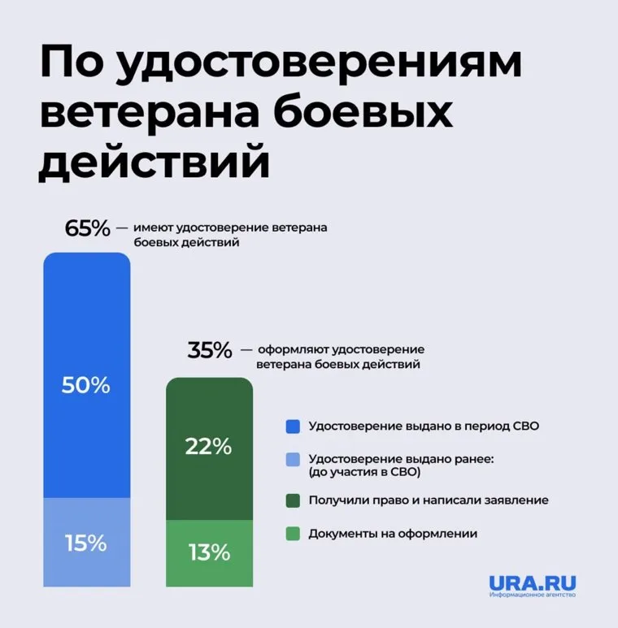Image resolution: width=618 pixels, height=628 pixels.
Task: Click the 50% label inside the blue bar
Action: pos(86,385)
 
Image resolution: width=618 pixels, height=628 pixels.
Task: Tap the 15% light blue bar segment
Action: pos(86,542)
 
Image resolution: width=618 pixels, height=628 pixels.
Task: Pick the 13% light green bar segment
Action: pos(210,553)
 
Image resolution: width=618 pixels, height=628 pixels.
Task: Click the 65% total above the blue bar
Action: pos(87,228)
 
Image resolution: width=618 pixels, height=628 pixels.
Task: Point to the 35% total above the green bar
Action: pos(210,351)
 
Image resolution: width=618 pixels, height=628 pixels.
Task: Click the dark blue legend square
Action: pos(294,426)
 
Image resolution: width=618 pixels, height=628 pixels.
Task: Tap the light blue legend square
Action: pos(294,460)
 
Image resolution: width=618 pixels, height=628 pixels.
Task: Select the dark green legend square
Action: pos(294,500)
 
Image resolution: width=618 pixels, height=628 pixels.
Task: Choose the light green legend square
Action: pos(294,534)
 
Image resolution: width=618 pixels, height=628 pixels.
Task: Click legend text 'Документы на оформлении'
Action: pos(393,534)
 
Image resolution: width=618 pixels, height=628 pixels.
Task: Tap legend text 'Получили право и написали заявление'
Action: pos(429,500)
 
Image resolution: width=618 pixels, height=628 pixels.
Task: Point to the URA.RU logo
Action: pos(533,584)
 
